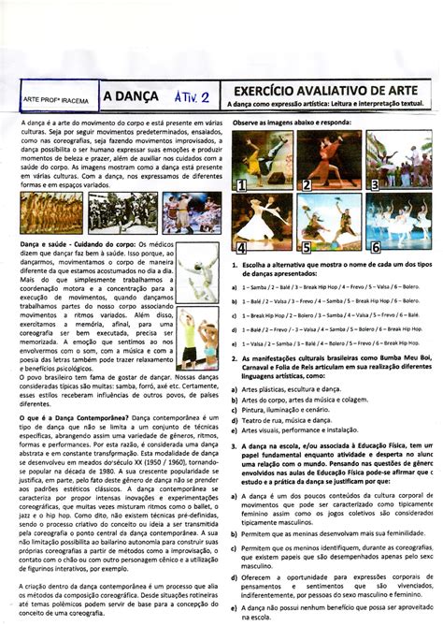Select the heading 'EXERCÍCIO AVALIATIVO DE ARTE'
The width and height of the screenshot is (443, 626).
tap(322, 88)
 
